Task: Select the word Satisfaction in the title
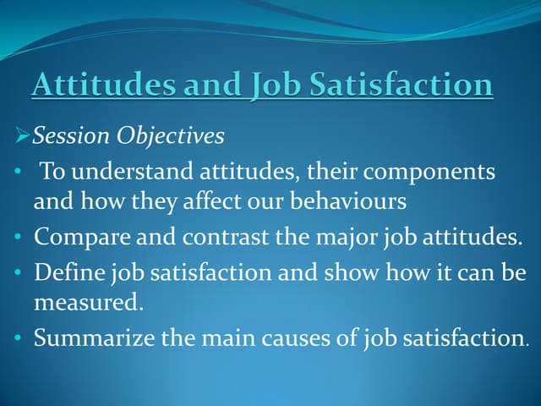click(402, 85)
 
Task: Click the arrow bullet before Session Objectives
click(22, 136)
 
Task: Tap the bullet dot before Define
click(19, 274)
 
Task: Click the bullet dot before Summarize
click(19, 340)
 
